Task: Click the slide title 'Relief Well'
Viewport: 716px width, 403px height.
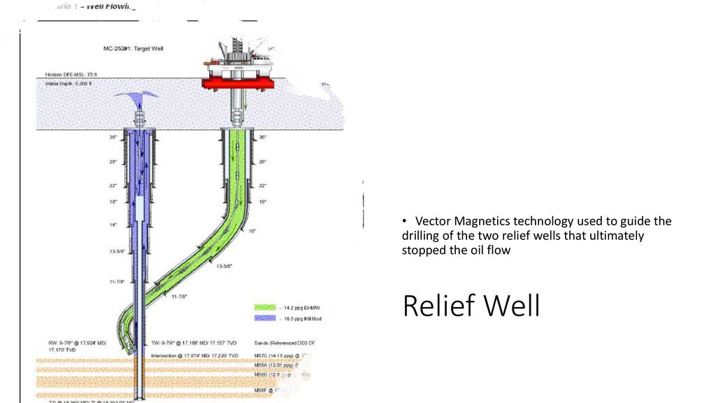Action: [471, 306]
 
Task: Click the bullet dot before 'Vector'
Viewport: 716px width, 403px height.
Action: [406, 221]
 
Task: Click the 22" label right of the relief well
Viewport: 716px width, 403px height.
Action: [263, 185]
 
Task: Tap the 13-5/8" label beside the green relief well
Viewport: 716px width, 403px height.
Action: [223, 267]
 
